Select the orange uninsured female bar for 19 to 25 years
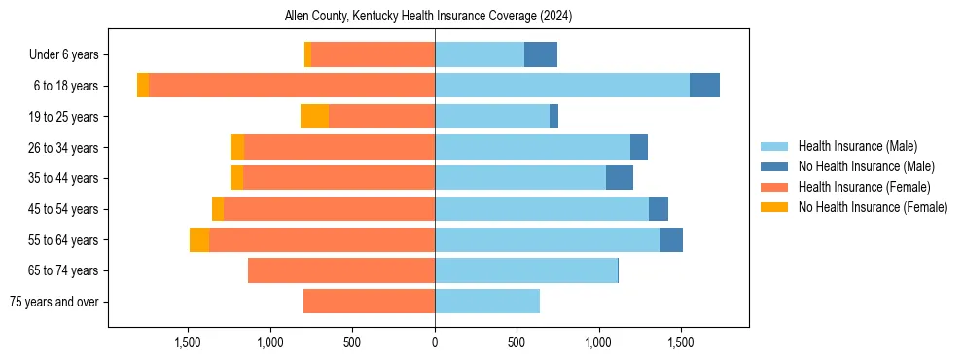coord(314,117)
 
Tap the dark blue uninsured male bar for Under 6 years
coord(541,54)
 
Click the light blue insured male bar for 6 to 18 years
coord(562,86)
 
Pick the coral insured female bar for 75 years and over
coord(369,302)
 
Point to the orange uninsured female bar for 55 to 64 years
coord(199,240)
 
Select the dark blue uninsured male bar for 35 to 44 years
coord(620,178)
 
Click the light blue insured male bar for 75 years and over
coord(487,302)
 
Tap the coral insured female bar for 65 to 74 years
coord(341,270)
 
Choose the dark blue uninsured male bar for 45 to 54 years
coord(659,209)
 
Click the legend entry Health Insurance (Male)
coord(857,147)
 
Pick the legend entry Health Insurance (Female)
coord(864,187)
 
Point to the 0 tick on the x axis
coord(435,342)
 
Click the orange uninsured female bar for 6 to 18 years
coord(143,86)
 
